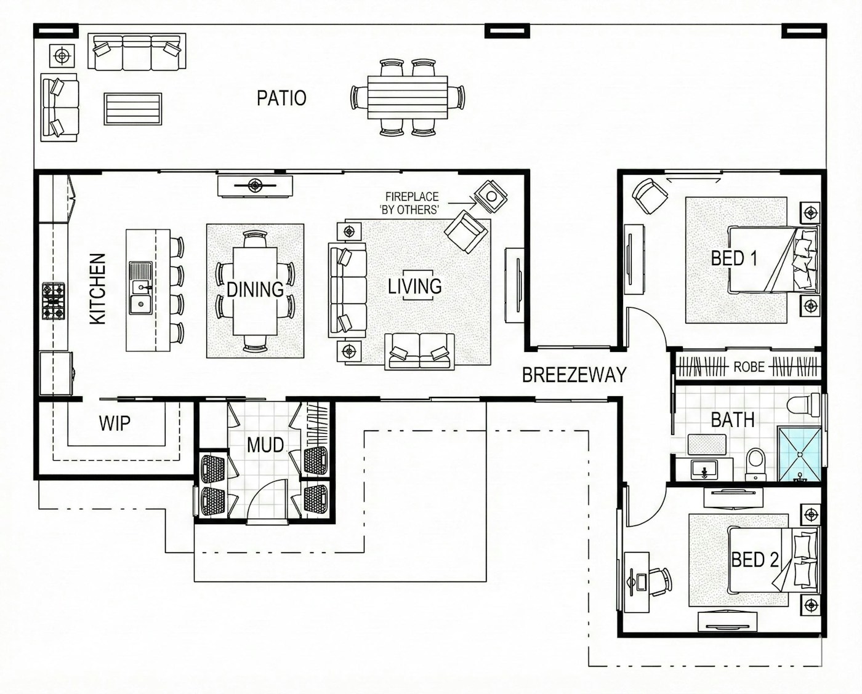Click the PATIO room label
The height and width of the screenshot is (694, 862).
tap(281, 98)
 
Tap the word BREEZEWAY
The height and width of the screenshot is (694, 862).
tap(574, 375)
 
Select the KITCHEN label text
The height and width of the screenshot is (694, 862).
tap(98, 289)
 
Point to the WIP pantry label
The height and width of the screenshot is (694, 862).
tap(115, 423)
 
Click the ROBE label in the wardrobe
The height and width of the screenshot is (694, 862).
tap(749, 367)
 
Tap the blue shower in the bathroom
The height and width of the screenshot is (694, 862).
tap(800, 454)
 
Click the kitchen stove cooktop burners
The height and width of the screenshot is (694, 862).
tap(54, 301)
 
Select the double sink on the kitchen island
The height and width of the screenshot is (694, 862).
tap(140, 288)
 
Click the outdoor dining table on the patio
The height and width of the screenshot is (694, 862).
tap(408, 97)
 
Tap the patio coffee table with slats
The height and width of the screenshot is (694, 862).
tap(133, 109)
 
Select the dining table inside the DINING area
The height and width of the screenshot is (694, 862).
tap(255, 292)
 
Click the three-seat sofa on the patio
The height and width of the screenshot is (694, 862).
tap(137, 52)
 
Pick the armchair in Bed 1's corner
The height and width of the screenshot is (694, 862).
tap(650, 196)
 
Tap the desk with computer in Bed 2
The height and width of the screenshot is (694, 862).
tap(637, 583)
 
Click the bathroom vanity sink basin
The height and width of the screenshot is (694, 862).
tap(704, 469)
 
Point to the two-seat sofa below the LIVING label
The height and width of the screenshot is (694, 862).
tap(419, 351)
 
